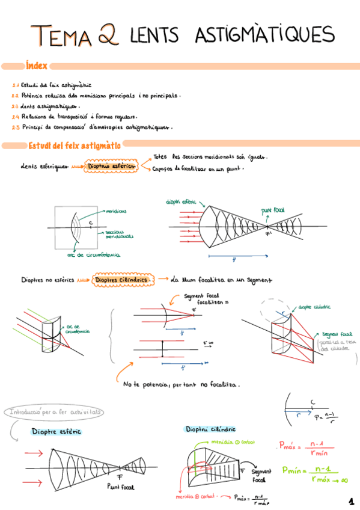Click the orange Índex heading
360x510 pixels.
tap(36, 65)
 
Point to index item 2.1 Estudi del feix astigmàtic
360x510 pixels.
tap(54, 87)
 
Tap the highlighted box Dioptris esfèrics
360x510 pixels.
tap(111, 165)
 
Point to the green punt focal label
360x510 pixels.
tap(273, 210)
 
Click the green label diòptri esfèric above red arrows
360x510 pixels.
tap(185, 203)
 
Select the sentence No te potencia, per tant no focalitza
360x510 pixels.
tap(181, 384)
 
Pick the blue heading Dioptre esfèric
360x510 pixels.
tap(57, 431)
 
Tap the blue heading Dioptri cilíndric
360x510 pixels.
tap(210, 429)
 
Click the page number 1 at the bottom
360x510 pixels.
tap(351, 501)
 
